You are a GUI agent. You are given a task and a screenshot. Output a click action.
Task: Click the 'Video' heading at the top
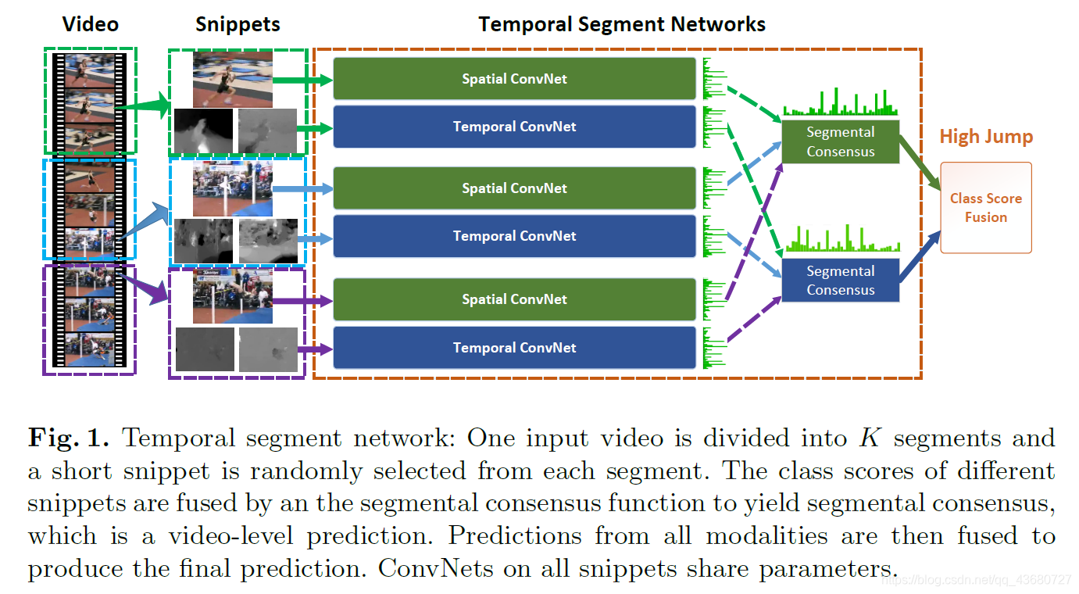tap(90, 24)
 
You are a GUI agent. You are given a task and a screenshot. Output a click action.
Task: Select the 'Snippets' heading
tap(238, 24)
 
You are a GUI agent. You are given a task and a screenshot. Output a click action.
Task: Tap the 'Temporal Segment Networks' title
tap(622, 24)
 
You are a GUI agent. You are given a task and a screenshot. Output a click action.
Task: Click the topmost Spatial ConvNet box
tap(514, 79)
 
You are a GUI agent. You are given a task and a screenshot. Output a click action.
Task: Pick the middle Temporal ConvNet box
tap(514, 236)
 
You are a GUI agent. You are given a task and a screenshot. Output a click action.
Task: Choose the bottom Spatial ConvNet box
tap(514, 299)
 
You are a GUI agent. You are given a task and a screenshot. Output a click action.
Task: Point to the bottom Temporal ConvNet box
tap(514, 348)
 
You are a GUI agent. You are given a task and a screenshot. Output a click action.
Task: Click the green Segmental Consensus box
tap(841, 142)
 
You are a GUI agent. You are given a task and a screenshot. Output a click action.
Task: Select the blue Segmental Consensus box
tap(841, 281)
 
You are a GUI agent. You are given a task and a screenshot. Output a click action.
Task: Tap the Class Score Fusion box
tap(985, 208)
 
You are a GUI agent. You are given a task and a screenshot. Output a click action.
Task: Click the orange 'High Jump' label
tap(986, 137)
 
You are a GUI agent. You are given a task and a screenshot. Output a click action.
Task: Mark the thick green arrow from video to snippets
tap(148, 105)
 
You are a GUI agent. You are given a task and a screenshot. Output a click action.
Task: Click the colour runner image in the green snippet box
tap(233, 79)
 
